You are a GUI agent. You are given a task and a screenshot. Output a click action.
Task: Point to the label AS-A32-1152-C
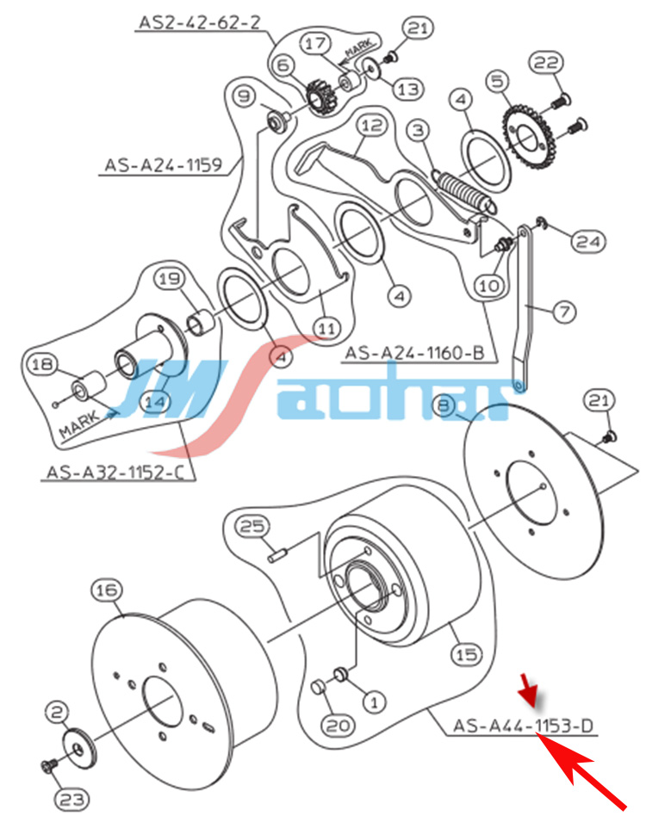117,472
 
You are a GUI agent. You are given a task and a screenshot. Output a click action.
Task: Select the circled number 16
105,590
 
